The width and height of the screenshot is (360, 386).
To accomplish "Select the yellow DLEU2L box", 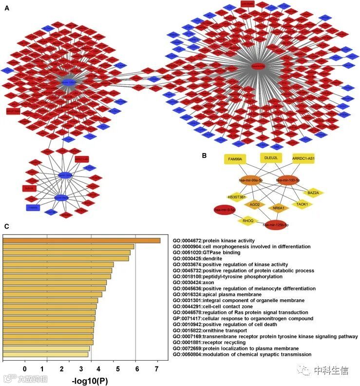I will (x=270, y=158).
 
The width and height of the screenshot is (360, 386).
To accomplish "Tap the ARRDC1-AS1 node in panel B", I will (x=303, y=158).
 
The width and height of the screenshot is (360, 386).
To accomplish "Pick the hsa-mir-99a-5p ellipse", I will (x=251, y=180).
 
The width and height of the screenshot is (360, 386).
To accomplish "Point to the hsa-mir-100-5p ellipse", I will (x=287, y=180).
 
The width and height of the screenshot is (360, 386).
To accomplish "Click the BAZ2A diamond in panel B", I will (x=313, y=193).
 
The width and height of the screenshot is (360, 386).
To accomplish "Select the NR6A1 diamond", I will (x=278, y=208).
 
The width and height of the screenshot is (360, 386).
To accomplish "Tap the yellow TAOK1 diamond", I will (x=302, y=205).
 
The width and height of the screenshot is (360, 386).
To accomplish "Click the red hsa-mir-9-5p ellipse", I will (x=225, y=210).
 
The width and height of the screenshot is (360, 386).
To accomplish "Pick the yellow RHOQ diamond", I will (x=247, y=220).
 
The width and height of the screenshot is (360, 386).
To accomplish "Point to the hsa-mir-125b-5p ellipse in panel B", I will (x=276, y=225).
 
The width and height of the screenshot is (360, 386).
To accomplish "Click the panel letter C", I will (x=6, y=226).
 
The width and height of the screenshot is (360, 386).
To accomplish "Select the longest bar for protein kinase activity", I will (x=81, y=240).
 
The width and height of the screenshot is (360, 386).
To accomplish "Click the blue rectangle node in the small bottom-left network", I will (x=33, y=208).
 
